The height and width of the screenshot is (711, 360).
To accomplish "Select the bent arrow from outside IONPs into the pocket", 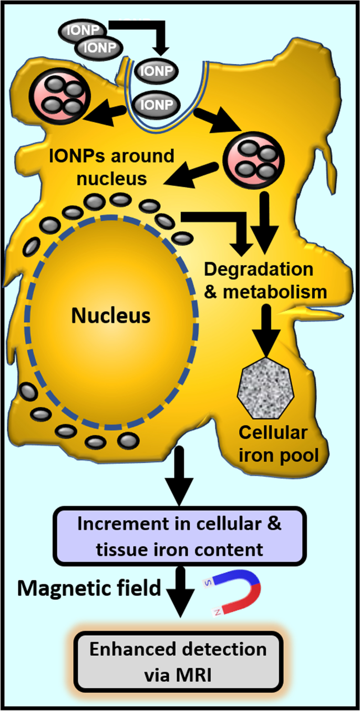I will tap(152, 37).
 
